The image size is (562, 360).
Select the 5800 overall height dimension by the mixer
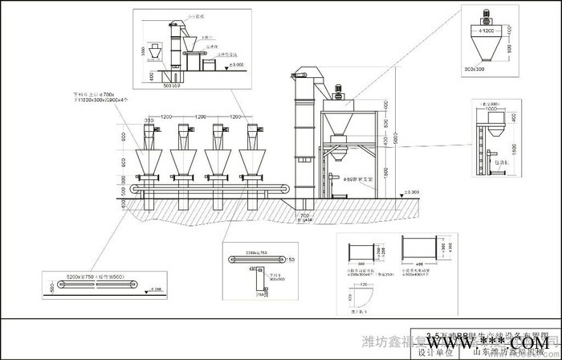[394, 141]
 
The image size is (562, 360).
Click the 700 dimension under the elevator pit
[304, 215]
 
